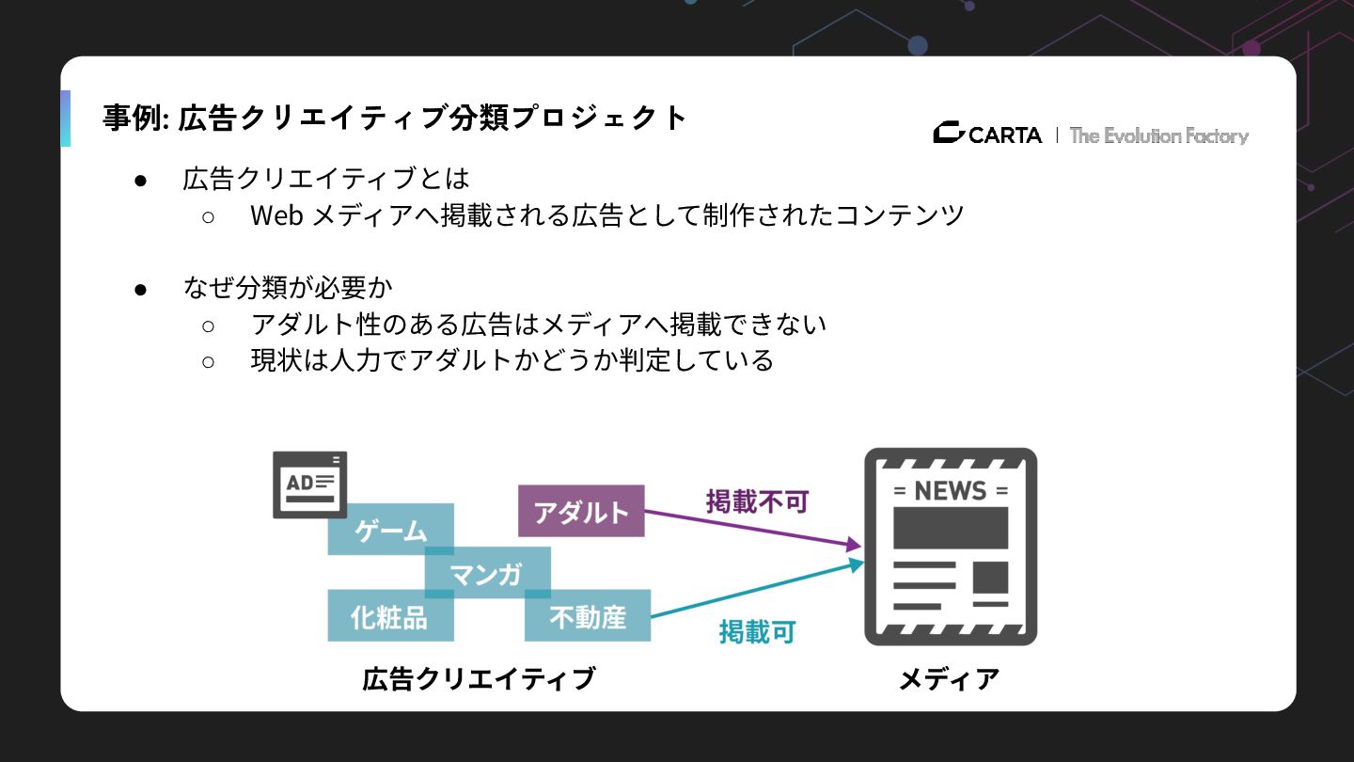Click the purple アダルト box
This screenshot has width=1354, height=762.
pyautogui.click(x=581, y=511)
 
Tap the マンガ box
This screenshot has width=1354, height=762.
pyautogui.click(x=487, y=573)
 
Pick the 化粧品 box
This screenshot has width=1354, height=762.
pyautogui.click(x=389, y=616)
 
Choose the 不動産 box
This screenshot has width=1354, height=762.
pyautogui.click(x=588, y=616)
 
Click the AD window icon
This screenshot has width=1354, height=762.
pyautogui.click(x=309, y=484)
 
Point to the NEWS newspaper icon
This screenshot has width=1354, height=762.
pyautogui.click(x=950, y=547)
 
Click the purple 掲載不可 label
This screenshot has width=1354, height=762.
pyautogui.click(x=757, y=501)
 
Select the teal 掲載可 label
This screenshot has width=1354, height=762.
pyautogui.click(x=757, y=631)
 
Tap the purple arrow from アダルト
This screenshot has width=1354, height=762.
pyautogui.click(x=752, y=528)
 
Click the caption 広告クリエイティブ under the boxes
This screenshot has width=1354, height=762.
pyautogui.click(x=479, y=678)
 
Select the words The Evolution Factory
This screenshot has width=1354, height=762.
pyautogui.click(x=1158, y=135)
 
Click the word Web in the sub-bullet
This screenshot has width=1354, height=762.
pyautogui.click(x=276, y=215)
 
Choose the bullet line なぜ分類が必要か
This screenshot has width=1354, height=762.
pyautogui.click(x=288, y=288)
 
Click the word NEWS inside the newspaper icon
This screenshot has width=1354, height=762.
pyautogui.click(x=950, y=490)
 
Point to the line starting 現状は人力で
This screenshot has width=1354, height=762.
pyautogui.click(x=512, y=360)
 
